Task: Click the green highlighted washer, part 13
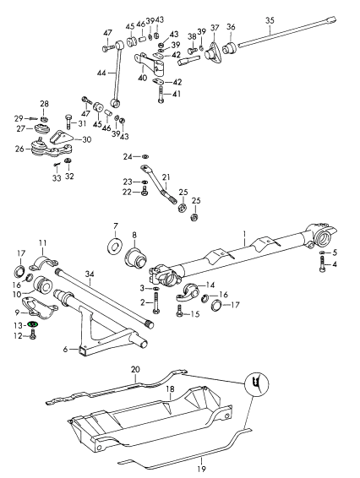[x=32, y=324]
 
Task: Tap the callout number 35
[x=270, y=21]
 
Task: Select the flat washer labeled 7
[x=115, y=245]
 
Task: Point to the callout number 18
[x=170, y=389]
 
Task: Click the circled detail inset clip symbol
[x=256, y=383]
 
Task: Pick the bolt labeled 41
[x=161, y=95]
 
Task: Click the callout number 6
[x=66, y=349]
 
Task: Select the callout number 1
[x=244, y=234]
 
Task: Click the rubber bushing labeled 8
[x=136, y=258]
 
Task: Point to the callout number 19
[x=202, y=468]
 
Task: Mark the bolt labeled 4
[x=323, y=264]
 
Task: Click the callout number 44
[x=101, y=73]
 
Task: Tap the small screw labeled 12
[x=33, y=335]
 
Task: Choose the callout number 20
[x=135, y=369]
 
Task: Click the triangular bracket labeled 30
[x=61, y=139]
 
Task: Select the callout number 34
[x=90, y=274]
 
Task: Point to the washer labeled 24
[x=145, y=156]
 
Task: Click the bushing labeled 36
[x=231, y=49]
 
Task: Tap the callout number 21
[x=166, y=177]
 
